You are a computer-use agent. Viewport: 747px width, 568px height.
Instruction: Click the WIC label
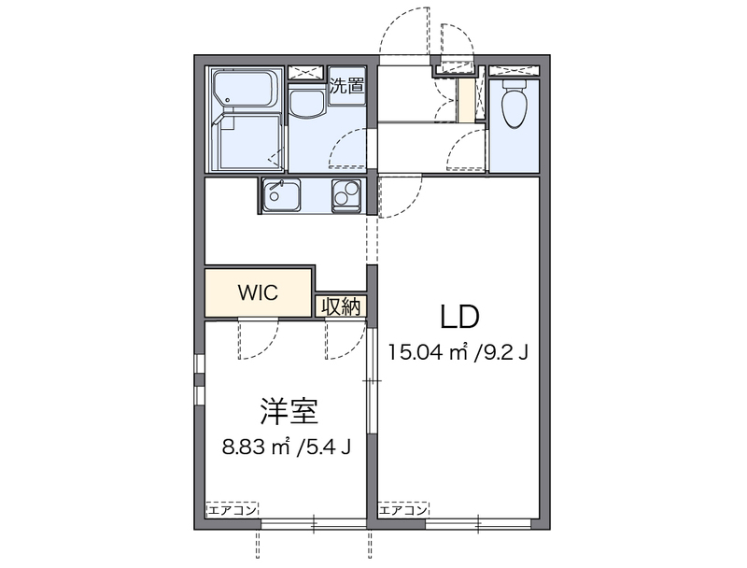(257, 291)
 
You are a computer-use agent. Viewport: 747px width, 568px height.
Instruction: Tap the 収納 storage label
(342, 306)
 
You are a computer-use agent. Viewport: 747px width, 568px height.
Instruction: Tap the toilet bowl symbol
(514, 108)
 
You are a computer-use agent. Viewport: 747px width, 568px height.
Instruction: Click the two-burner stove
(346, 195)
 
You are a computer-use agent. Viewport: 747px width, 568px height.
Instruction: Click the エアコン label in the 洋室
(232, 509)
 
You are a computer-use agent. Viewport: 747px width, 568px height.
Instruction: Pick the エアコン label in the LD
(403, 509)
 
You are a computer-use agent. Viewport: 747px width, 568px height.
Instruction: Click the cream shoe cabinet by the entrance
(465, 101)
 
